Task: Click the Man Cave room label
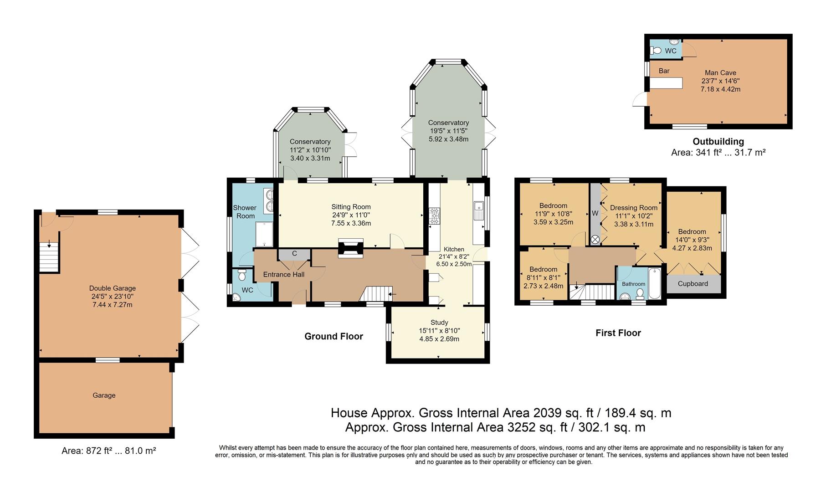click(x=720, y=73)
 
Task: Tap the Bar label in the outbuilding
click(x=664, y=71)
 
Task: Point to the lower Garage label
click(x=104, y=395)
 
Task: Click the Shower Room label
click(x=245, y=212)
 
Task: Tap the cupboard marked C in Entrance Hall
click(x=294, y=254)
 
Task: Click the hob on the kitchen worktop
click(x=434, y=216)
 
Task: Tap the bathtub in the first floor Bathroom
click(x=654, y=283)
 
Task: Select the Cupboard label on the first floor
click(x=693, y=284)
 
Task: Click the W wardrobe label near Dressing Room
click(x=595, y=213)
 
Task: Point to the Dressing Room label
click(x=633, y=208)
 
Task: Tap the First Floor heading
click(x=618, y=333)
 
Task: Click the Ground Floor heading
click(x=333, y=337)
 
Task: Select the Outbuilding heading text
click(x=718, y=142)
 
